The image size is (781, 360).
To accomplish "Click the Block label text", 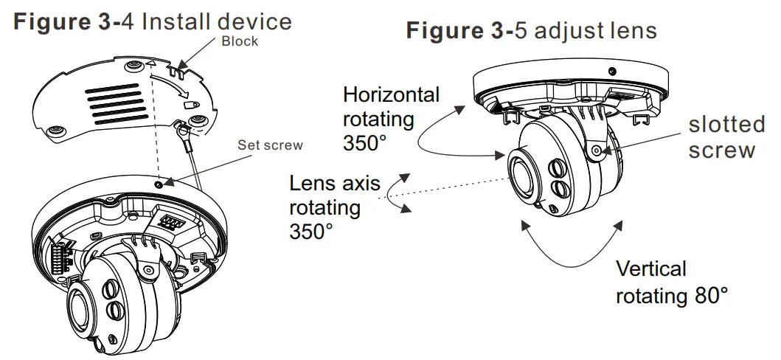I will (x=240, y=41).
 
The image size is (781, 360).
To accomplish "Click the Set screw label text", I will (x=269, y=145).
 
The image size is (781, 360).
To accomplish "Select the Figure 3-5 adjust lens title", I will (x=531, y=31).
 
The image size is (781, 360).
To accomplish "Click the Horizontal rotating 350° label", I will (x=390, y=118).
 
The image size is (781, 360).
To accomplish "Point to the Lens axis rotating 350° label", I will (x=324, y=207).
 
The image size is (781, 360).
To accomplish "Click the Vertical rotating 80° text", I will (x=671, y=283).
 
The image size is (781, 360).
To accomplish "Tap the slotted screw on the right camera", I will (x=596, y=150).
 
